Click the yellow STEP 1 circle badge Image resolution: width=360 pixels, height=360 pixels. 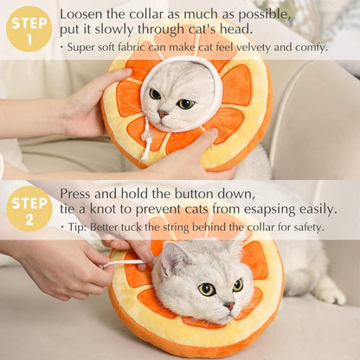[29, 29]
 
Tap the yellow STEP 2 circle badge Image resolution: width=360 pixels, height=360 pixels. [29, 209]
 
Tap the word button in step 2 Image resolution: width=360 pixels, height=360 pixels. [202, 193]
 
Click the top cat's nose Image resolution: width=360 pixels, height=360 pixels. [162, 113]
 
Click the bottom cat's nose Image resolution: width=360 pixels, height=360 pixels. [229, 305]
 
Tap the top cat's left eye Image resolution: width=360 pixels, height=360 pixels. [155, 93]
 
